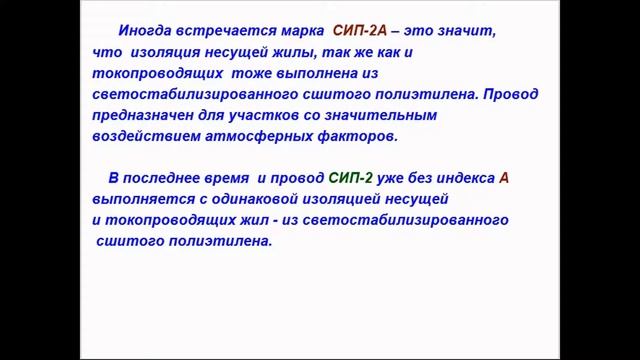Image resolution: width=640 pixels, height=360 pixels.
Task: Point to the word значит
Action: point(463,31)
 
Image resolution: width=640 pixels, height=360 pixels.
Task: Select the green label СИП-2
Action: point(350,178)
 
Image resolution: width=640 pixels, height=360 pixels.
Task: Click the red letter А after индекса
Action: point(504,178)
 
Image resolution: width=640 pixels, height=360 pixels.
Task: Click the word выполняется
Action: point(126,199)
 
